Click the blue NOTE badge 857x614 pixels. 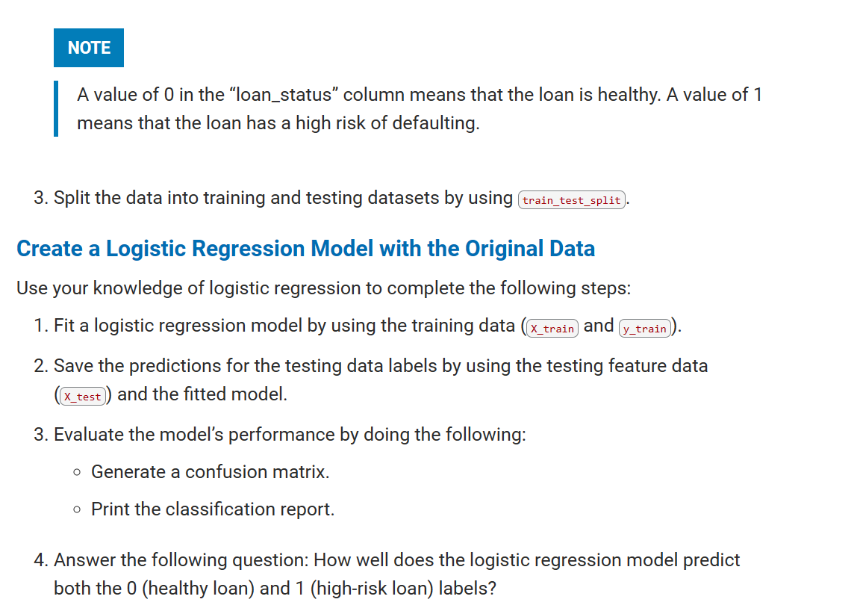pos(89,48)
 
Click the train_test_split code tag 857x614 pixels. pos(572,200)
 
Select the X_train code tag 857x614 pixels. pos(552,329)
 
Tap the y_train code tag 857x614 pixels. pos(645,329)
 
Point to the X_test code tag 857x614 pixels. pos(82,397)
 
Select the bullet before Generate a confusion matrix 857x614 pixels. pos(78,472)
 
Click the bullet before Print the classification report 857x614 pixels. pos(78,509)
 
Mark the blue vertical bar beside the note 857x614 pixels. pos(56,109)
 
